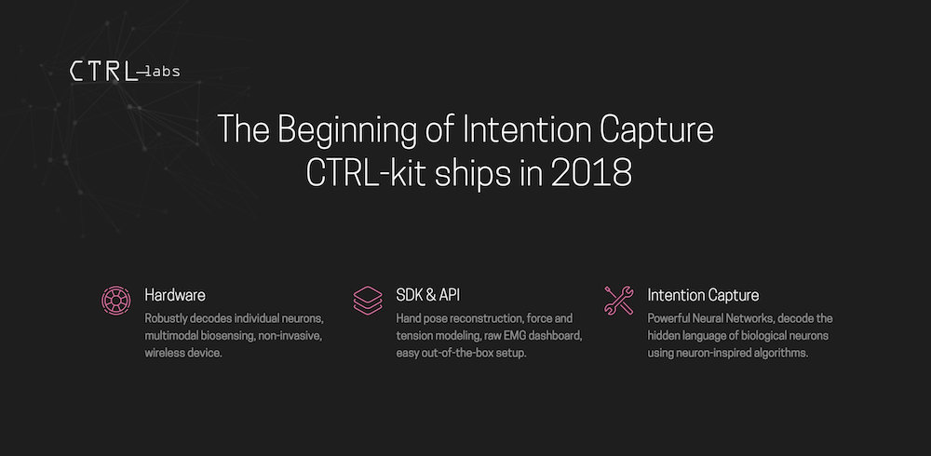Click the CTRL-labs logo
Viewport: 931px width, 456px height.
[x=125, y=72]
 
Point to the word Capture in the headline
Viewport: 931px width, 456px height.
[x=656, y=130]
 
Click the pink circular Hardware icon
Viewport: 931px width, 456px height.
[x=115, y=300]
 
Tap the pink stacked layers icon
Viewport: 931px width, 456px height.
[x=368, y=300]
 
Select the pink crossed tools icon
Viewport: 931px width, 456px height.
[x=619, y=300]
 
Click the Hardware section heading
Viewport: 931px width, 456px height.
[x=175, y=295]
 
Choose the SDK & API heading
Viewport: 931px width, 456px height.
[x=428, y=295]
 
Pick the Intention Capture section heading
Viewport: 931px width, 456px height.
[x=703, y=295]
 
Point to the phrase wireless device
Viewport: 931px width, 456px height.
[x=184, y=353]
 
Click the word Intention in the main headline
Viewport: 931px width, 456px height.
[x=527, y=130]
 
